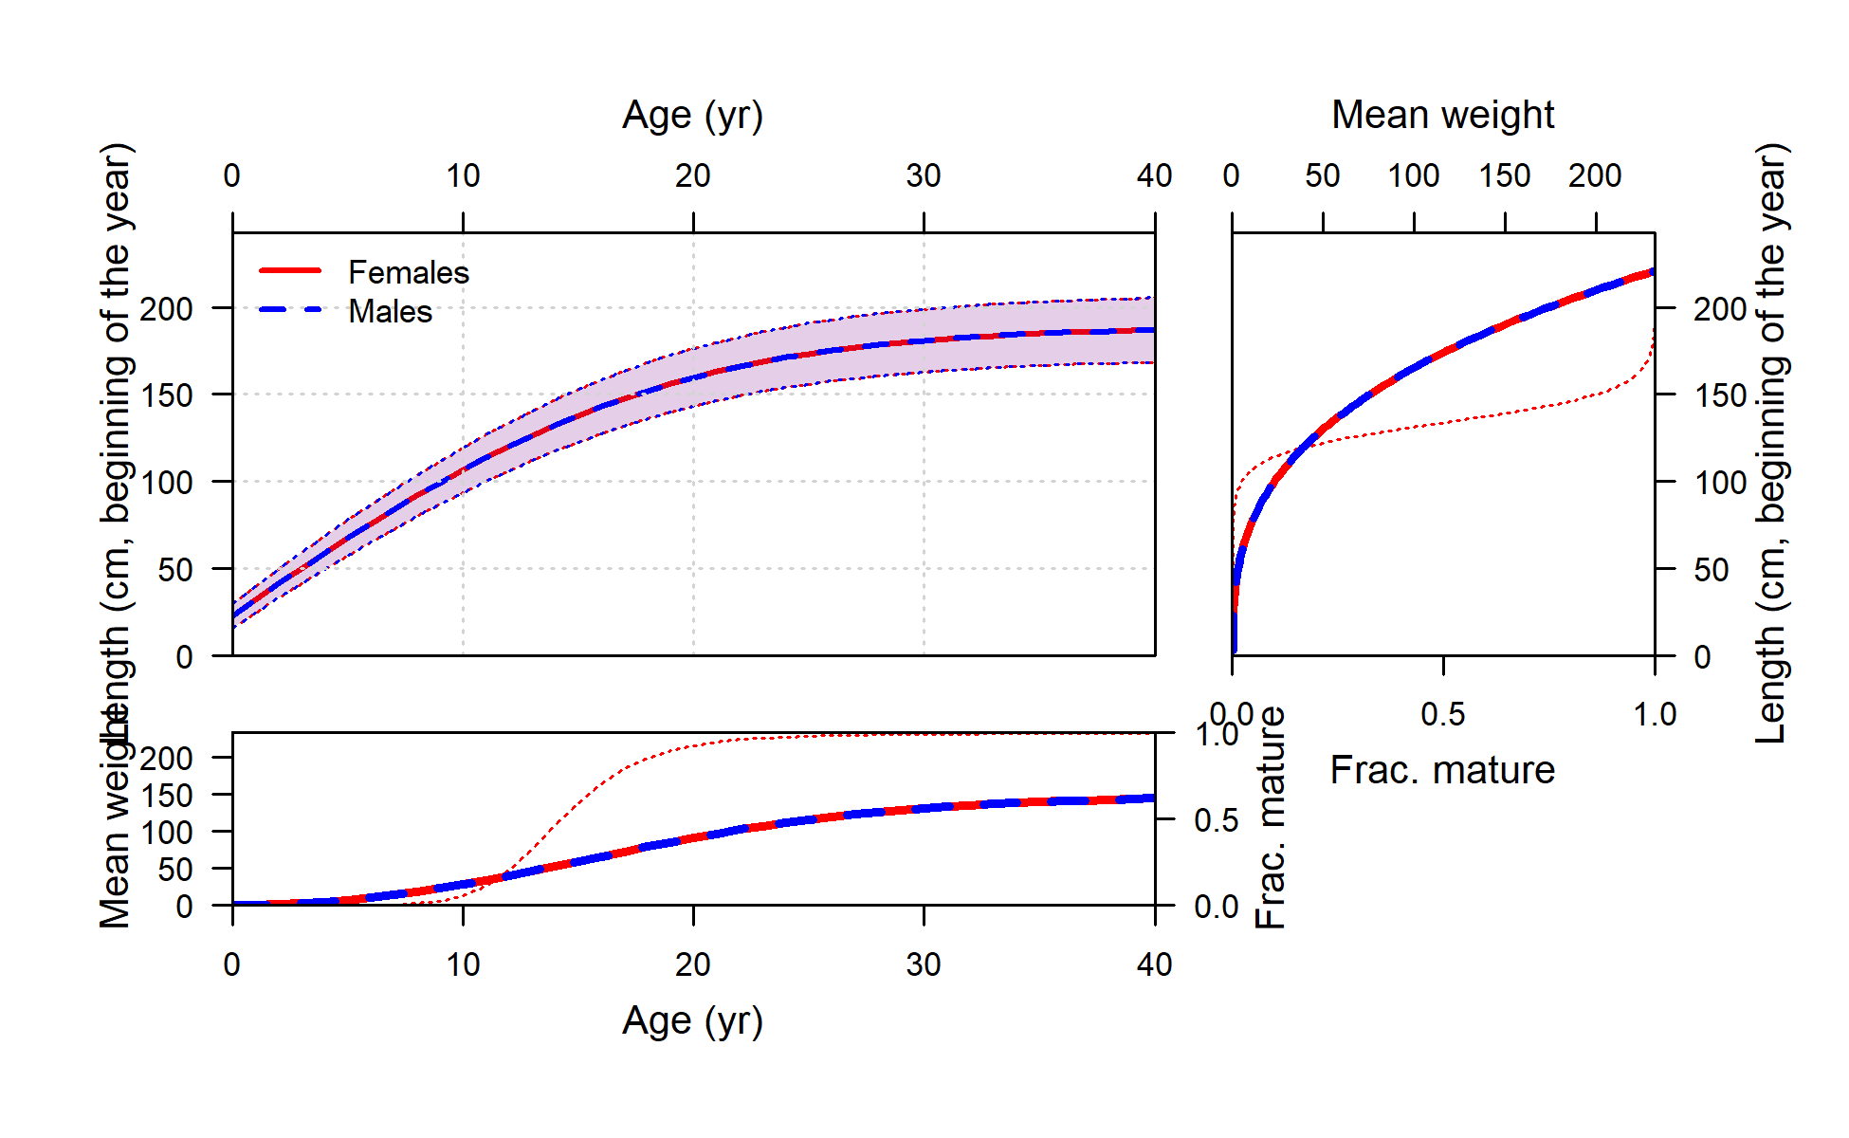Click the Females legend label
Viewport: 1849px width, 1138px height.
(x=409, y=273)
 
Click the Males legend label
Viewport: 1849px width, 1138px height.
(x=390, y=312)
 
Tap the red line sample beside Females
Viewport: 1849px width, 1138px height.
(x=290, y=271)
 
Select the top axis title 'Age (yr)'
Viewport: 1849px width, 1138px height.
(x=692, y=116)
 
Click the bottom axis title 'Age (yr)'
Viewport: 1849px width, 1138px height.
(x=692, y=1021)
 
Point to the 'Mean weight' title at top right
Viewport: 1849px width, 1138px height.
(x=1442, y=116)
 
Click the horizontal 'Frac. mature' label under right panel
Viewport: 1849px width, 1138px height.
(x=1442, y=770)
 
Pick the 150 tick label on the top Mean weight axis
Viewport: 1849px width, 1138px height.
(x=1505, y=176)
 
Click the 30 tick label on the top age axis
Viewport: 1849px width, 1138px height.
(x=923, y=176)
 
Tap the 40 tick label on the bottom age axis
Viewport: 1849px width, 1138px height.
(x=1154, y=965)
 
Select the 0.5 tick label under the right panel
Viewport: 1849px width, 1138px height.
(x=1442, y=715)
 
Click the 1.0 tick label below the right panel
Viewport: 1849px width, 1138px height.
(x=1655, y=715)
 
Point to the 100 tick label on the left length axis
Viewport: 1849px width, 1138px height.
(x=167, y=483)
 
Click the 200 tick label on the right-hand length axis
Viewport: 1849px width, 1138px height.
(x=1720, y=309)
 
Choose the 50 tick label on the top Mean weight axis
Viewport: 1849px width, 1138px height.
(x=1323, y=176)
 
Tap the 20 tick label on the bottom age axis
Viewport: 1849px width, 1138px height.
(x=693, y=965)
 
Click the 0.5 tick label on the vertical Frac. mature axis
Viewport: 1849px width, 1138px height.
(x=1217, y=820)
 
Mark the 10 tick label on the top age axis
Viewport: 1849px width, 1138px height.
(x=463, y=176)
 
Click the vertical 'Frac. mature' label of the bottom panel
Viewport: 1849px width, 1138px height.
(x=1271, y=817)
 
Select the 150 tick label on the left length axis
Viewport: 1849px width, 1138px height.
(x=167, y=395)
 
